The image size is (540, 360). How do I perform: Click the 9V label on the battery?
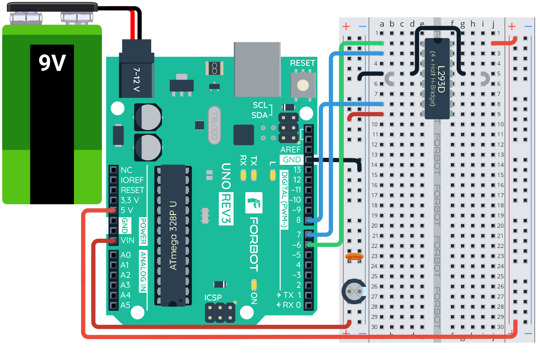click(52, 63)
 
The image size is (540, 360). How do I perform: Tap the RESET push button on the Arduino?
click(303, 85)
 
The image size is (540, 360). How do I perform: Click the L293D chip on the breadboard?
click(437, 79)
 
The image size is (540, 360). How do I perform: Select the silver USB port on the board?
click(257, 69)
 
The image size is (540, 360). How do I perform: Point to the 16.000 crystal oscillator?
click(214, 125)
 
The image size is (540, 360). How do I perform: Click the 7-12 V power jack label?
click(136, 80)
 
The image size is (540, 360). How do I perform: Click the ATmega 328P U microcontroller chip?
click(173, 235)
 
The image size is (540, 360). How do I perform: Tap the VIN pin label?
click(127, 240)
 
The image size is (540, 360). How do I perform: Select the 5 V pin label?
click(127, 210)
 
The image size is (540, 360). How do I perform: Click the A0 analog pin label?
click(125, 255)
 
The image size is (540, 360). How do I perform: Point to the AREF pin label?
click(290, 150)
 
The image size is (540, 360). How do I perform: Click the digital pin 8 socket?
click(308, 220)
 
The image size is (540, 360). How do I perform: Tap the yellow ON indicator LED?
click(254, 285)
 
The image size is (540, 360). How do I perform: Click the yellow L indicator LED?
click(273, 175)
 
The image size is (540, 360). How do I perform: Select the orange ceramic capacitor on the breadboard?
click(354, 257)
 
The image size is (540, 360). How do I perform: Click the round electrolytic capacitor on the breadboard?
click(354, 291)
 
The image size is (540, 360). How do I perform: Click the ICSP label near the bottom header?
click(213, 298)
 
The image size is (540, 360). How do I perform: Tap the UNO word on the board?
click(226, 176)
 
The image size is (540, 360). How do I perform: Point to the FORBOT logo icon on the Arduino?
click(254, 203)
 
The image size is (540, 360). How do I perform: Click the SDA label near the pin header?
click(259, 115)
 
